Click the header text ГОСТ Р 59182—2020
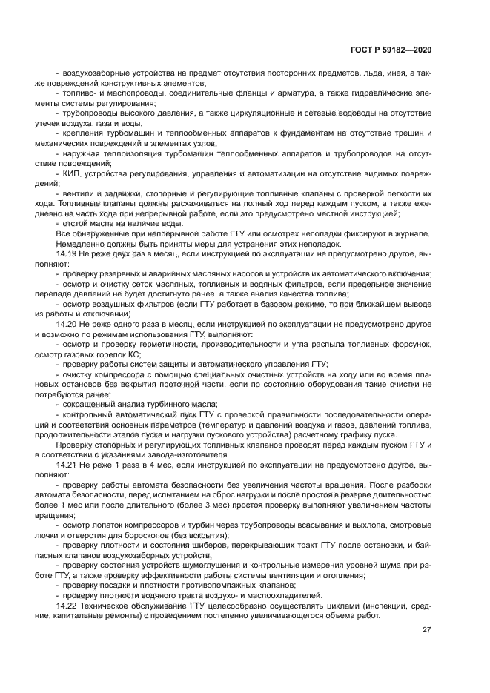pos(391,49)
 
